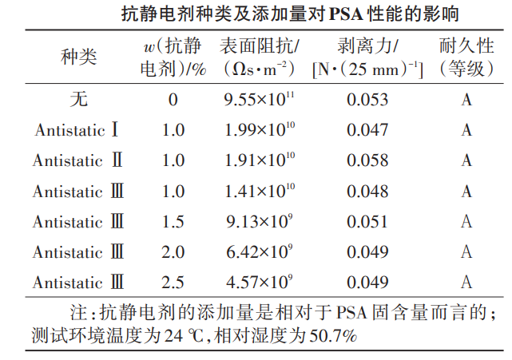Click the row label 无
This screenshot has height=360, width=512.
tap(77, 100)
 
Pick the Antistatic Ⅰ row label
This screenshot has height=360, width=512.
tap(77, 130)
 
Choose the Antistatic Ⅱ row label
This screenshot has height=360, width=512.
tap(77, 160)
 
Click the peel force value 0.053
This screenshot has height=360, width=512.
tap(367, 100)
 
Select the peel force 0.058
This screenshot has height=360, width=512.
tap(367, 160)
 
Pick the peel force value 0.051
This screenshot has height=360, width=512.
tap(367, 221)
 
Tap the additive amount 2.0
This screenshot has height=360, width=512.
tap(173, 251)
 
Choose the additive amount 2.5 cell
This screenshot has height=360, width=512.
tap(173, 282)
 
